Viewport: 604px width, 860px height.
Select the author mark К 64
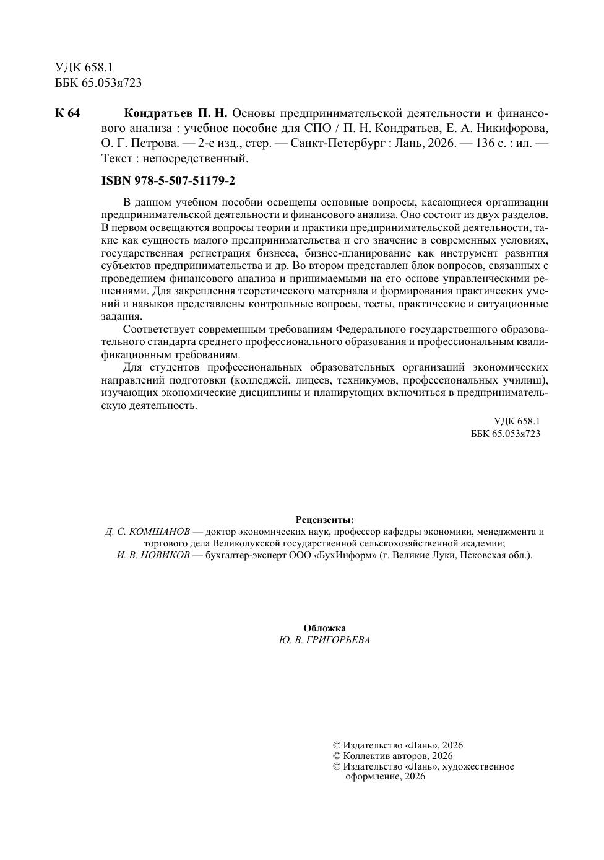pos(68,113)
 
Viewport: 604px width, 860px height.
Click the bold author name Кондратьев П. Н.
pos(176,113)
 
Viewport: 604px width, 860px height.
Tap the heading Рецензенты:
pos(325,520)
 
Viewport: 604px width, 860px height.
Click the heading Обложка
pos(325,628)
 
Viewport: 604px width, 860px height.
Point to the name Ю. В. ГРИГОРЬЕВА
pos(325,640)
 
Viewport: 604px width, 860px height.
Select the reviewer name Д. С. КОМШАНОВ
pos(147,532)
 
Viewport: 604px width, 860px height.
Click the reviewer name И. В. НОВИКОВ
pos(153,555)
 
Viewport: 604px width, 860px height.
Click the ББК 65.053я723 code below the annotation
pos(506,434)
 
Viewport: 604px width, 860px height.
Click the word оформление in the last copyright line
pos(373,777)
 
